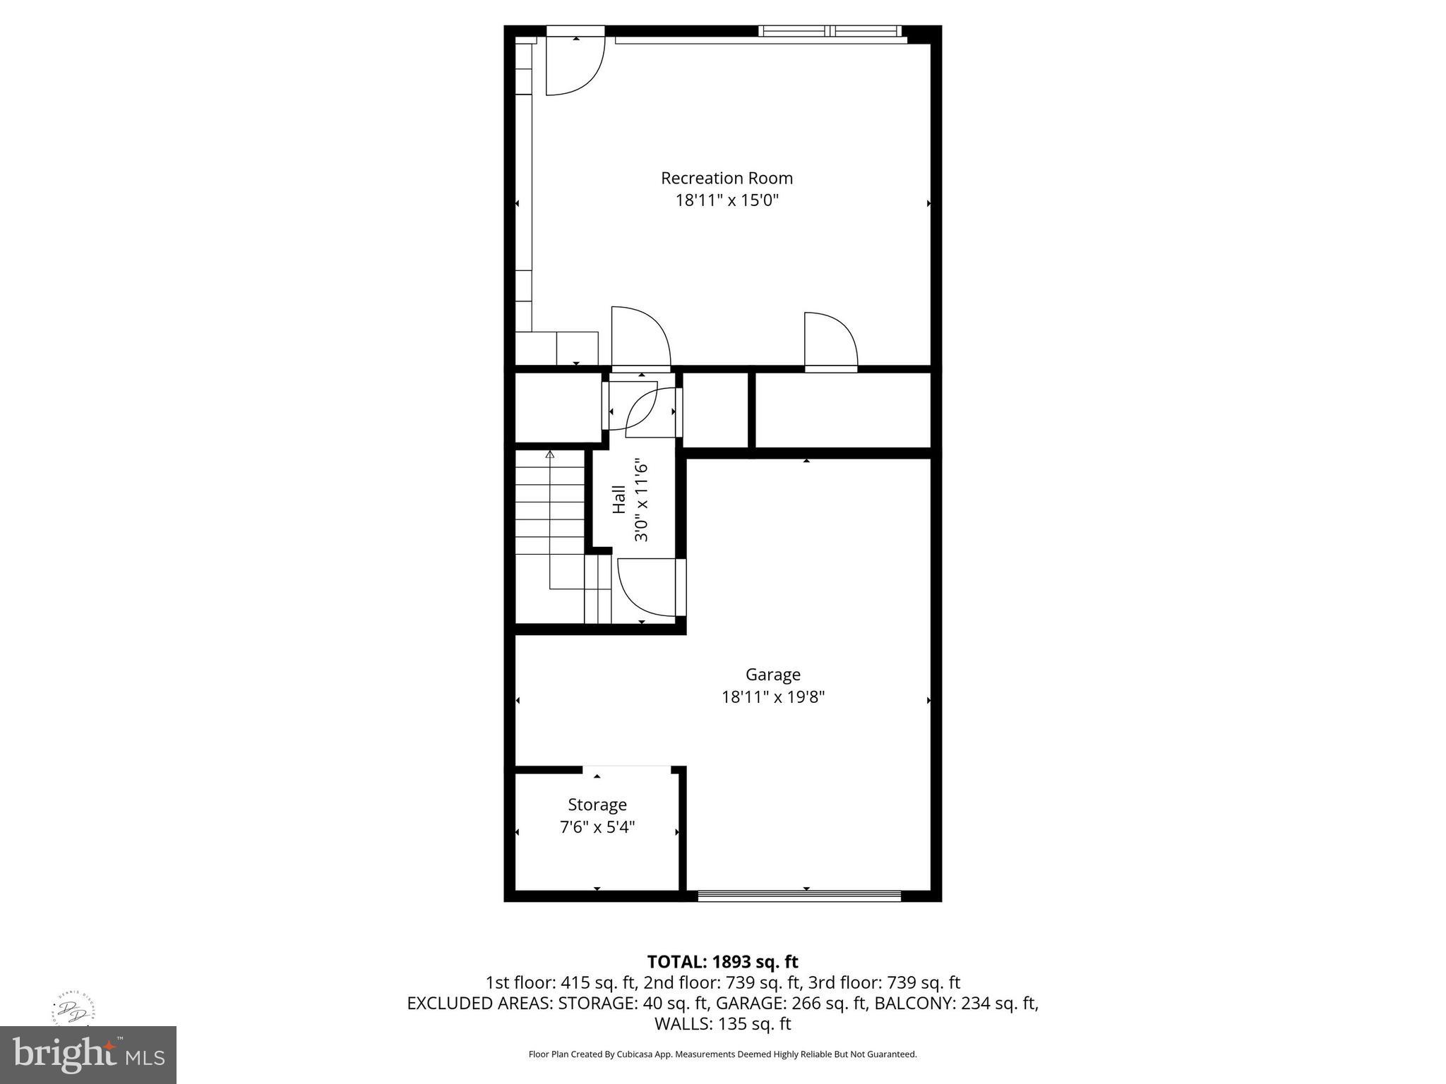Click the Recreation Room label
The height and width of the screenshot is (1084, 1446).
pos(727,178)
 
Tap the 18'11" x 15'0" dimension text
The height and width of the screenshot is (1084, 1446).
pos(727,200)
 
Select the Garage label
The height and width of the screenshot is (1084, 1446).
pos(772,675)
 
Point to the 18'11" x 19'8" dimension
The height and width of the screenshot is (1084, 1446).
pos(772,697)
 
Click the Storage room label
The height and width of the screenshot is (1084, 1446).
pos(597,805)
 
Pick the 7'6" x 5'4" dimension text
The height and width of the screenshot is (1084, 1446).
pos(597,827)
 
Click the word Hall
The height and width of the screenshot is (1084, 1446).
pos(619,499)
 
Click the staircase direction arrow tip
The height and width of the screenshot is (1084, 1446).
pos(550,454)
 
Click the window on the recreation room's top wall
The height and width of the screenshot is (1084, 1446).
pos(830,31)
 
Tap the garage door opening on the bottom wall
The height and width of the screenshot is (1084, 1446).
pos(799,896)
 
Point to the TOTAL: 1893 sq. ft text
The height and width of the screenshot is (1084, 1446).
pos(722,962)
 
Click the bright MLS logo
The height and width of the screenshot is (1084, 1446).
pos(88,1054)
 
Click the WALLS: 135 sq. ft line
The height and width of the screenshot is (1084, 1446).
pos(722,1024)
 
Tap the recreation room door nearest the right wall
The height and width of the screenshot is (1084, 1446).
pos(830,342)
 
